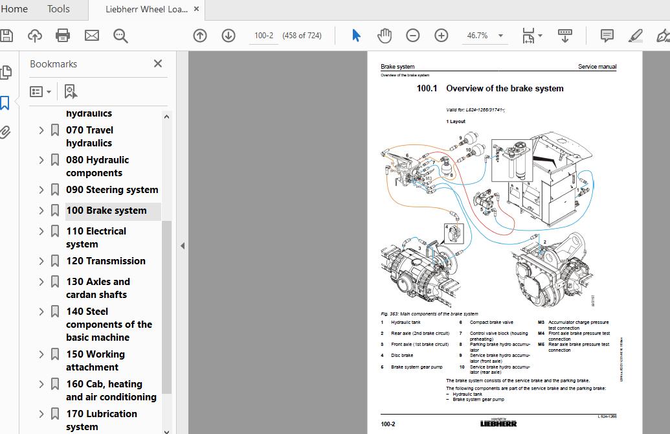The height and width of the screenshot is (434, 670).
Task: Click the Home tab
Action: (x=14, y=8)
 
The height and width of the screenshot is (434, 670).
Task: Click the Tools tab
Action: (x=58, y=8)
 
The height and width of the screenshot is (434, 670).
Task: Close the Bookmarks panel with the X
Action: (x=158, y=63)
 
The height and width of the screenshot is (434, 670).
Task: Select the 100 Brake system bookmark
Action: (x=106, y=211)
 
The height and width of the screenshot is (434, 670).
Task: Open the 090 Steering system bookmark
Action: (x=112, y=190)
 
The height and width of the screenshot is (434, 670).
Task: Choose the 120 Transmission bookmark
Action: (x=106, y=261)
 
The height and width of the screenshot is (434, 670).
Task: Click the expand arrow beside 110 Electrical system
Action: (x=41, y=231)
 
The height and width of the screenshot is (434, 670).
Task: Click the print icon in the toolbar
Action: (x=63, y=36)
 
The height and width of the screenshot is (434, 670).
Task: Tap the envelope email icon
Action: (x=92, y=36)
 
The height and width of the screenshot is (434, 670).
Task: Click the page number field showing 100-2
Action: (x=263, y=36)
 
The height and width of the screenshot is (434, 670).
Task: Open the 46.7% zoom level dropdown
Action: (x=500, y=36)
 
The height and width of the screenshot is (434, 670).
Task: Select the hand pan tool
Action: (x=385, y=36)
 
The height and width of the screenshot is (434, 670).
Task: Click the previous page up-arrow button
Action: (x=200, y=36)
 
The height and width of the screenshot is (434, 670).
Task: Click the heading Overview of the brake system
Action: (x=504, y=89)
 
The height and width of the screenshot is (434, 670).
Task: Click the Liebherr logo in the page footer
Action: (x=498, y=424)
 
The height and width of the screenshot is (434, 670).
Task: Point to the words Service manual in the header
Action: (x=597, y=67)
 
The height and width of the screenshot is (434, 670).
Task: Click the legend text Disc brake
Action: (x=402, y=356)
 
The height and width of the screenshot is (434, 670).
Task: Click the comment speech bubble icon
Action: (x=607, y=36)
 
